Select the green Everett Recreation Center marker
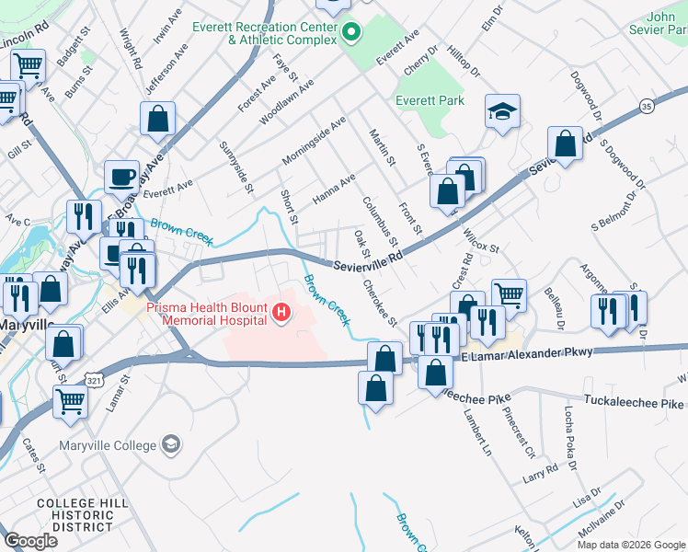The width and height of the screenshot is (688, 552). tap(350, 34)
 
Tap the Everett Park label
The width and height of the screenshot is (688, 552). tap(430, 100)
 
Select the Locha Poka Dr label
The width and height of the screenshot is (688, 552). tap(569, 429)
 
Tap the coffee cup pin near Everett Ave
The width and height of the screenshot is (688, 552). tap(120, 177)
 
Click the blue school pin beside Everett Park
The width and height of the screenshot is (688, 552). tap(502, 113)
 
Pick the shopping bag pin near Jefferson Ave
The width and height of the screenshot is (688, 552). tap(158, 119)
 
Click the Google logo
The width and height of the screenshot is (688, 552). tap(30, 541)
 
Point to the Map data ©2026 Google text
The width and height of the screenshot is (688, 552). tap(630, 545)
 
